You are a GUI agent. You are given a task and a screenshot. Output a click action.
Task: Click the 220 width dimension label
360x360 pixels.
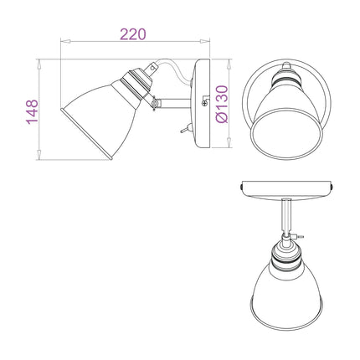(133, 34)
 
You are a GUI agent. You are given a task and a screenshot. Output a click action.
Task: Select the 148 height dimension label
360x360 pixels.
(32, 111)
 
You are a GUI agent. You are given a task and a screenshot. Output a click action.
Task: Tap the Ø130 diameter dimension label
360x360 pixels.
(222, 104)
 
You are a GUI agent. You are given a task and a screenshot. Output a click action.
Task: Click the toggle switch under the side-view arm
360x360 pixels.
(185, 129)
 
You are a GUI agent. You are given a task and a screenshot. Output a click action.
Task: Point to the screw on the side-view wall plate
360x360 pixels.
(204, 104)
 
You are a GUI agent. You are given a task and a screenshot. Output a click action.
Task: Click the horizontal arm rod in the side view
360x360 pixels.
(175, 103)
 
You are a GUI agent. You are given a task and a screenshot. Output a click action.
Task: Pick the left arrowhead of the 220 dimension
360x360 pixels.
(64, 42)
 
